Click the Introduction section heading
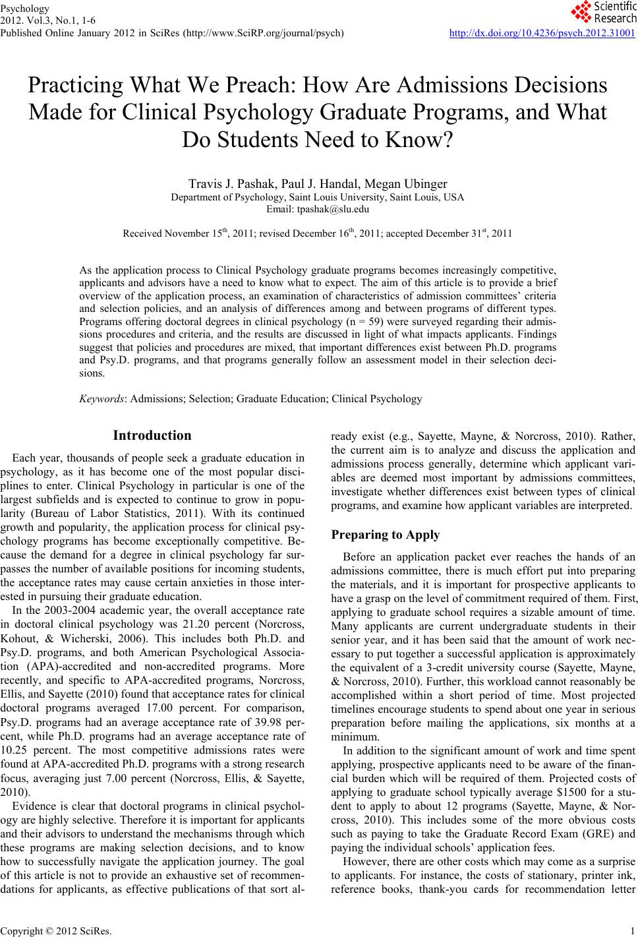pyautogui.click(x=152, y=435)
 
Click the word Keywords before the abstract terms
pyautogui.click(x=103, y=399)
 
